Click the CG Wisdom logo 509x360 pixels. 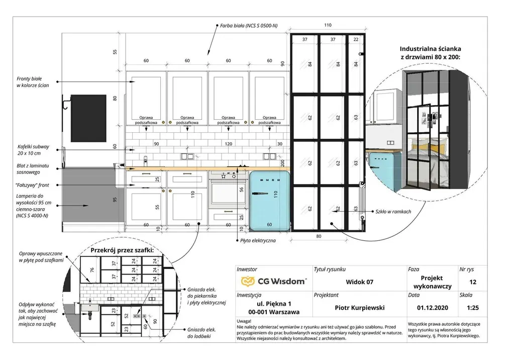274,282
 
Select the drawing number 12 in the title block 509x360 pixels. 472,282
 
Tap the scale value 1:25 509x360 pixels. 472,307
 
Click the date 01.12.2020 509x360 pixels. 431,307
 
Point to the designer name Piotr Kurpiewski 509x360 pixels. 359,307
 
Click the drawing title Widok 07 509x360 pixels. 359,282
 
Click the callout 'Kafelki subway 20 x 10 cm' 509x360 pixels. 34,149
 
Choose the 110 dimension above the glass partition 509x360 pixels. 328,25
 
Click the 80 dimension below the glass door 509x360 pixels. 318,235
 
